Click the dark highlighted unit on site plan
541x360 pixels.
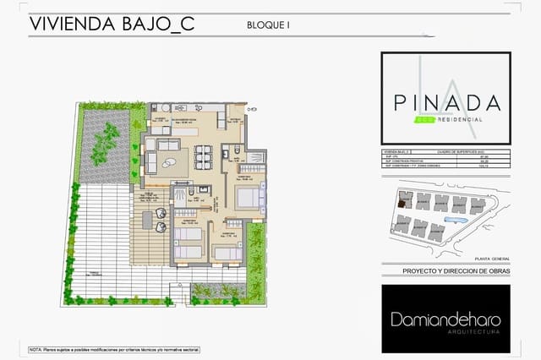(x=404, y=201)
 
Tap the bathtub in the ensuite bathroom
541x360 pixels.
(x=254, y=157)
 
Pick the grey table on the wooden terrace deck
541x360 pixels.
(x=147, y=221)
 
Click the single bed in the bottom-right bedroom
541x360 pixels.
(x=227, y=252)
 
